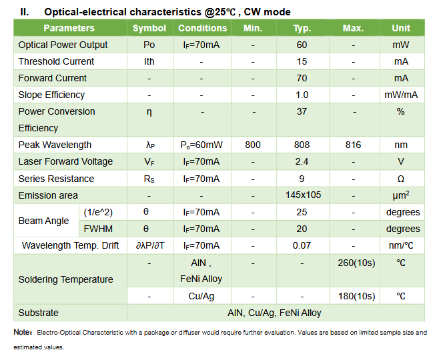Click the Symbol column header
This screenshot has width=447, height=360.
click(149, 28)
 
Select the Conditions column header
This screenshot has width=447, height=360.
click(202, 28)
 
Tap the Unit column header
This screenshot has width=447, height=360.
click(400, 28)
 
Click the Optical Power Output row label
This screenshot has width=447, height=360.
click(63, 45)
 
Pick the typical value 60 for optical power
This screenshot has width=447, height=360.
click(302, 45)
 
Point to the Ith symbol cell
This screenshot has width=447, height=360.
click(149, 61)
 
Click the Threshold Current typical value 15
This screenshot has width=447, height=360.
click(302, 61)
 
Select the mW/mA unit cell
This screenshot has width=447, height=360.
click(400, 95)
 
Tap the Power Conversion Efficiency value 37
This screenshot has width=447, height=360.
click(302, 111)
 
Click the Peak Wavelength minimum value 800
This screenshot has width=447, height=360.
click(253, 145)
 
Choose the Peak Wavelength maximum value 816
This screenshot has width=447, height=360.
click(353, 145)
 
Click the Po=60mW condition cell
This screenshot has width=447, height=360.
click(201, 145)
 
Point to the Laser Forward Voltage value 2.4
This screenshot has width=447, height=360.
click(302, 161)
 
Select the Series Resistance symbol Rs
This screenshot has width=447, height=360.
click(149, 179)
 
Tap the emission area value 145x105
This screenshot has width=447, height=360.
click(302, 195)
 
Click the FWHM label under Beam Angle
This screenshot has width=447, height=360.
click(93, 229)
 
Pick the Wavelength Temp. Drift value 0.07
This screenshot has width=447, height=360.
click(302, 245)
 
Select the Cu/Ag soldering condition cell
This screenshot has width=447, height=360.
click(201, 296)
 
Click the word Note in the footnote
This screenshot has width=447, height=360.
click(22, 332)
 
